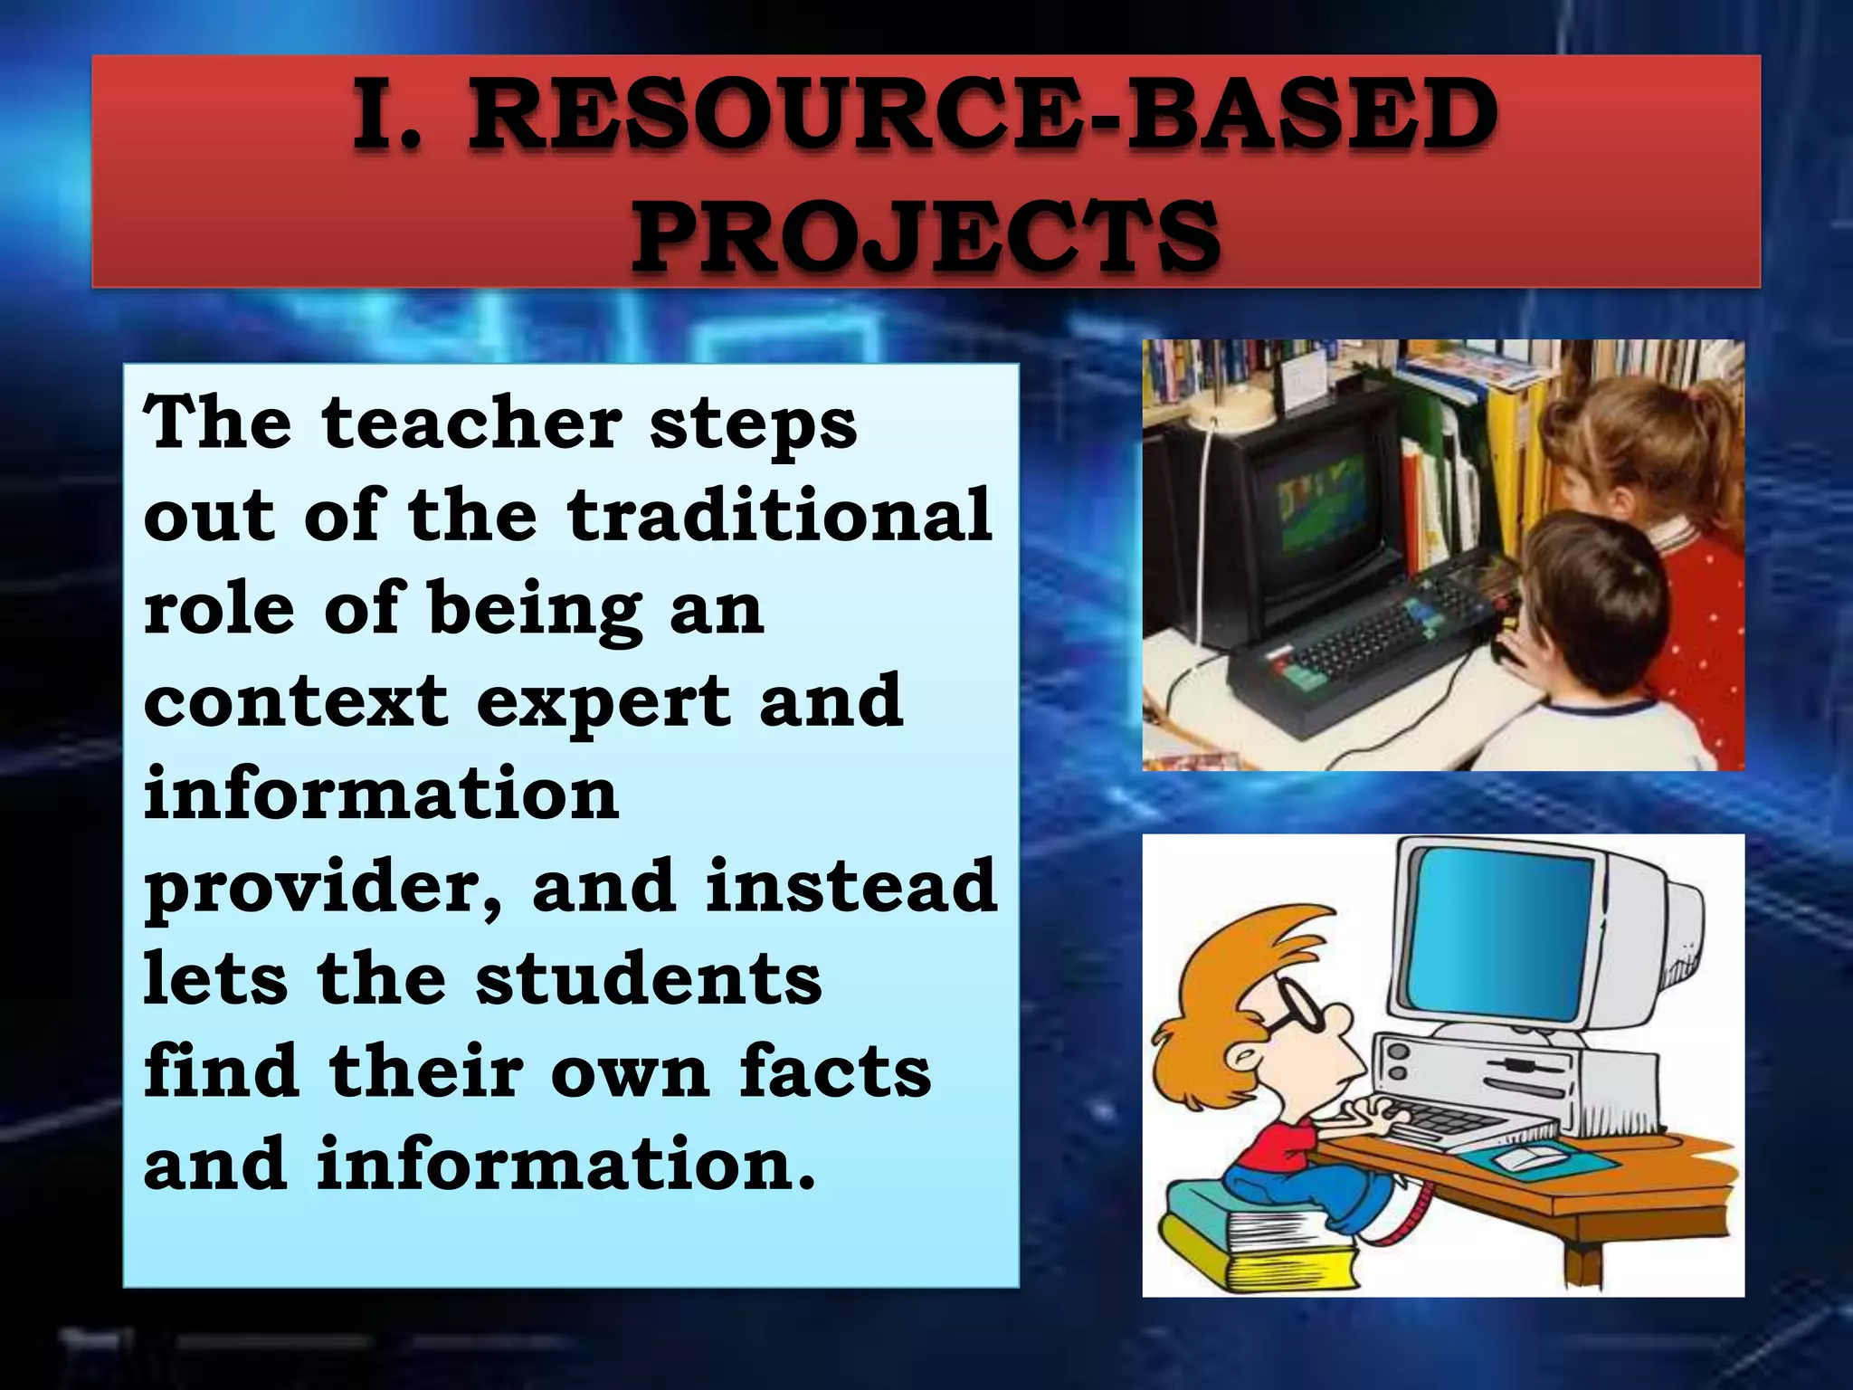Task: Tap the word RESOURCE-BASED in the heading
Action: click(x=982, y=116)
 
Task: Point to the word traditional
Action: click(x=780, y=515)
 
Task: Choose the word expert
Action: click(x=603, y=701)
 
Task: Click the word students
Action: click(x=648, y=979)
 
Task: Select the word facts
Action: click(x=834, y=1071)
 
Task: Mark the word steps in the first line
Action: click(x=752, y=424)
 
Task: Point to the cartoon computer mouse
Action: click(x=1529, y=1157)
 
